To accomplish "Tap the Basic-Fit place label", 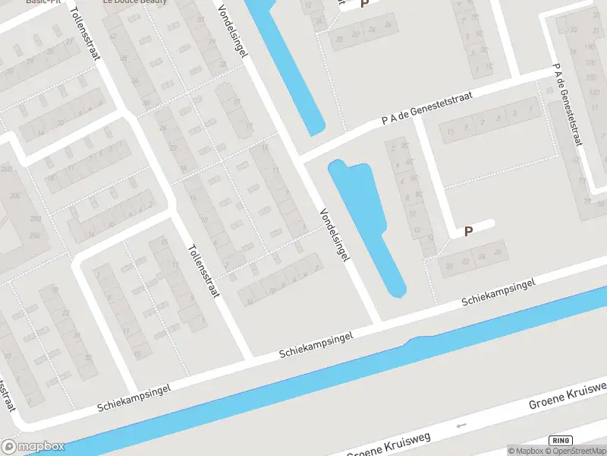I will point(43,2).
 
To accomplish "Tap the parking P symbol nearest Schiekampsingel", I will point(468,231).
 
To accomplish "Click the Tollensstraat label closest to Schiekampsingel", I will point(203,270).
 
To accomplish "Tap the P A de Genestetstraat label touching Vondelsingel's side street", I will point(427,108).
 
